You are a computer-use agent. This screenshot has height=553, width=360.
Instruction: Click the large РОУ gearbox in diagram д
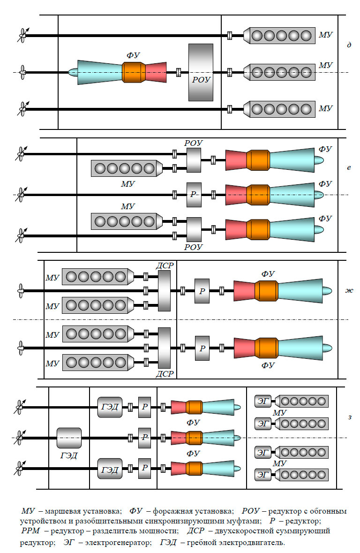tap(201, 72)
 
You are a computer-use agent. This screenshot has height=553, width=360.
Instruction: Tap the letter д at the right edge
tap(349, 45)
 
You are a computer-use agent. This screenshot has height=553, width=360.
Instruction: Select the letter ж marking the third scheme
tap(349, 290)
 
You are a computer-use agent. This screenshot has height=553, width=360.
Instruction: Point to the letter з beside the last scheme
tap(349, 417)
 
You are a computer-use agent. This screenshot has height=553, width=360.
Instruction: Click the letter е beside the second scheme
tap(349, 167)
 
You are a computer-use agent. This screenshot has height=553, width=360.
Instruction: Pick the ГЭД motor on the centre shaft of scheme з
tap(69, 438)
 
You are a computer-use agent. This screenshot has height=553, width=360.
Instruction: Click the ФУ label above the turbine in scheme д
tap(133, 54)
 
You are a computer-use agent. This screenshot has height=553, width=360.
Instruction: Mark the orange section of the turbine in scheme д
tap(134, 72)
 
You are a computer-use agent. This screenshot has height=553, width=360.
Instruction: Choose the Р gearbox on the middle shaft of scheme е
tap(194, 195)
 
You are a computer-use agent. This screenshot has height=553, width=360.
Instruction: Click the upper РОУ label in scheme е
tap(194, 143)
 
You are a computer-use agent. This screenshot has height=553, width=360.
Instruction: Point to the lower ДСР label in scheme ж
tap(165, 374)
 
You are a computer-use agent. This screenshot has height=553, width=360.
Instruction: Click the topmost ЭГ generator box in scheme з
tap(264, 401)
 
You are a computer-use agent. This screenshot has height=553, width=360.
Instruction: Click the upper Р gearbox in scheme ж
tap(202, 291)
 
